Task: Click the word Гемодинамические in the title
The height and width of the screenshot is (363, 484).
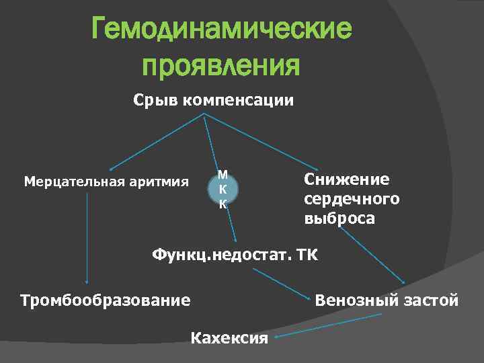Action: click(x=221, y=31)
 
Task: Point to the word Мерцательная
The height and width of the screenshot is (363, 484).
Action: click(x=65, y=181)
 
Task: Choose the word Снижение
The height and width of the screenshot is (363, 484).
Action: click(x=346, y=179)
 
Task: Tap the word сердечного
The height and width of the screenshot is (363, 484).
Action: click(x=351, y=199)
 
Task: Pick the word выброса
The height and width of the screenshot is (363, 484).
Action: click(x=339, y=219)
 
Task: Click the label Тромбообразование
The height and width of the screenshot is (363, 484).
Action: click(x=106, y=300)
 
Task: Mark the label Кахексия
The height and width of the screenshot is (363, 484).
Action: click(x=230, y=337)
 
